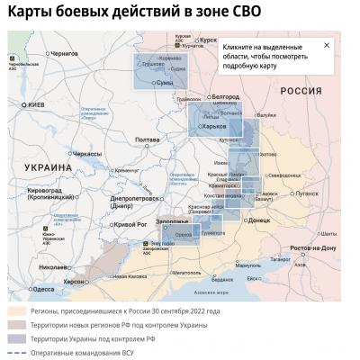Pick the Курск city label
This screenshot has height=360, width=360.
coord(209,40)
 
